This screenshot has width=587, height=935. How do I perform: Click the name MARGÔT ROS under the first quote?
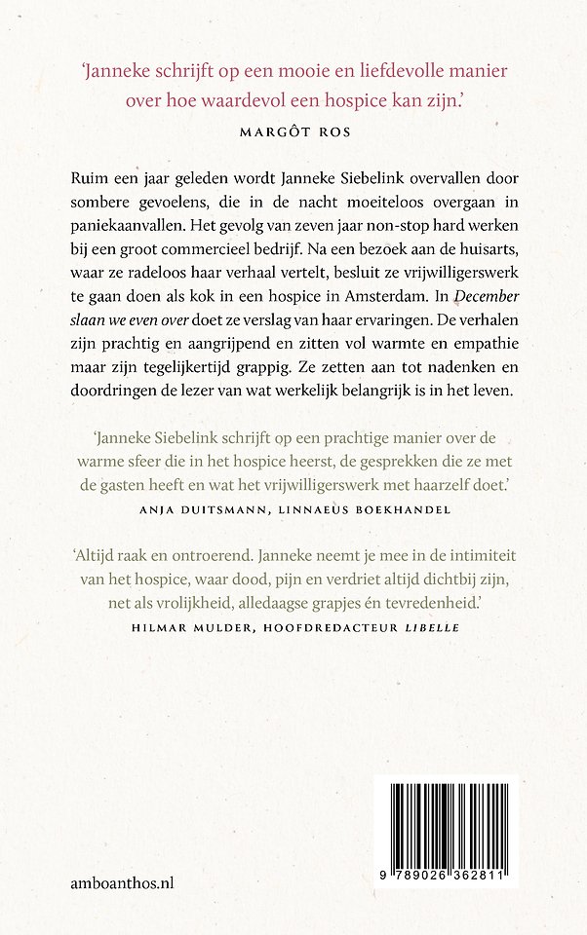293,127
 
